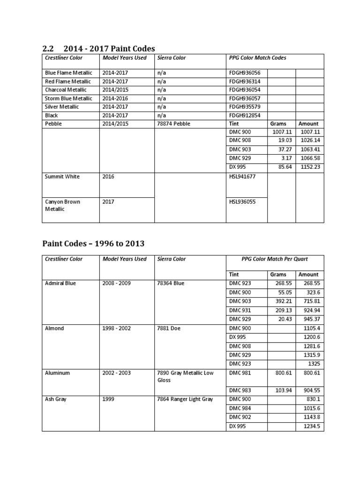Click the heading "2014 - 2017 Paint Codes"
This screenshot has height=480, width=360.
[109, 48]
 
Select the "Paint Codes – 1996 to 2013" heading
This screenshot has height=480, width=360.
[93, 243]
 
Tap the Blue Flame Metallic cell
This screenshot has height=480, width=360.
[68, 73]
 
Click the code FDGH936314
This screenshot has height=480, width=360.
[244, 82]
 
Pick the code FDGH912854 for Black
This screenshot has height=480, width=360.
[244, 115]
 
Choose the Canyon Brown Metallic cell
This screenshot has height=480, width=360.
[62, 205]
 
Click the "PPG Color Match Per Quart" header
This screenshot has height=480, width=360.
[274, 259]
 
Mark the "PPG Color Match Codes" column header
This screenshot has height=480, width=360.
[257, 58]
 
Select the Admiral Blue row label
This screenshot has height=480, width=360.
[60, 283]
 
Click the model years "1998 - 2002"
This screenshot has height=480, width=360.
[117, 328]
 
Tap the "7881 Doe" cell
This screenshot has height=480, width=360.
[169, 328]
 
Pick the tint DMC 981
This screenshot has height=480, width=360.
[240, 373]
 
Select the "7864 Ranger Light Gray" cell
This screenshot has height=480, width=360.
[185, 399]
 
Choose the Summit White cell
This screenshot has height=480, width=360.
[62, 177]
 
